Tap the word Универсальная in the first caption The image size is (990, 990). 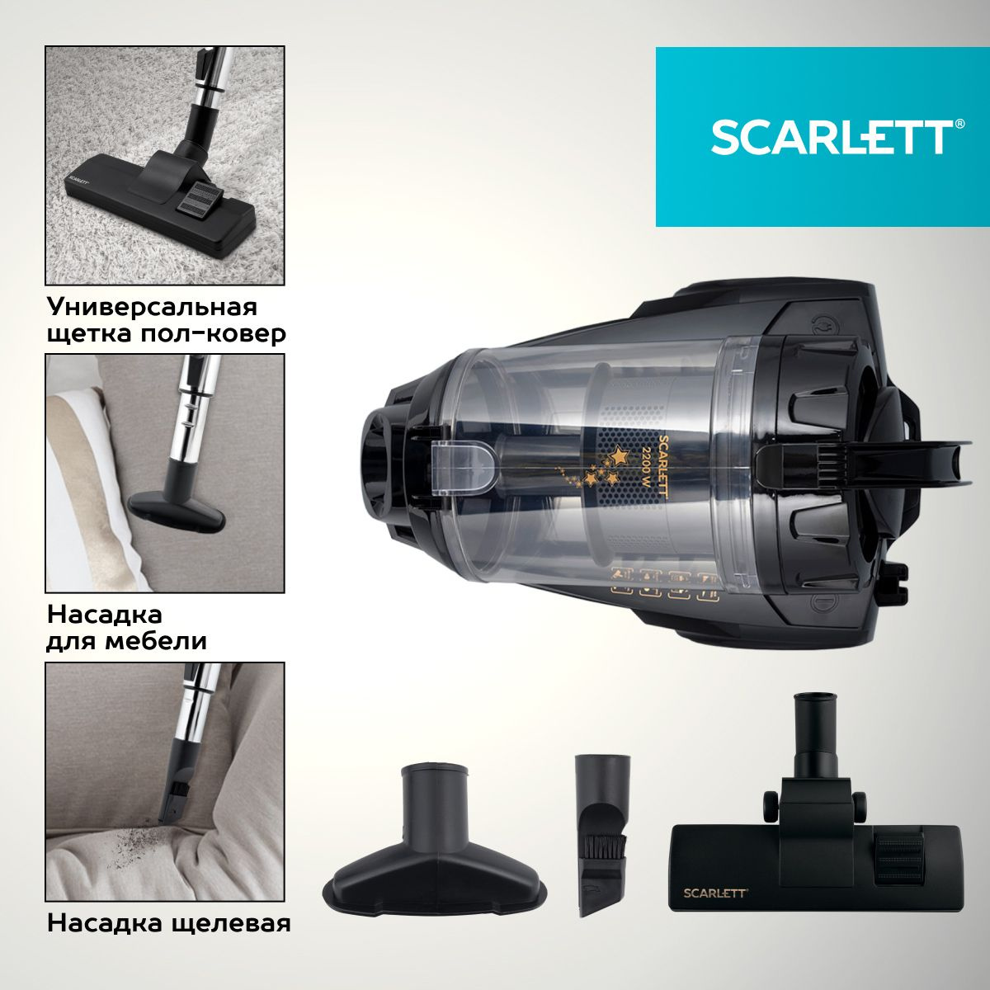(152, 307)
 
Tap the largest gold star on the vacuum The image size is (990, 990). (619, 454)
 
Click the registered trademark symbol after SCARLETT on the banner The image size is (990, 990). (959, 125)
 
